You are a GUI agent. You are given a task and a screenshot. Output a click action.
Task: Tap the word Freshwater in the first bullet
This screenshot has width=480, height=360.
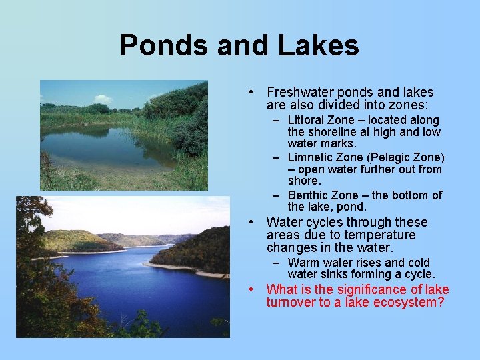[299, 93]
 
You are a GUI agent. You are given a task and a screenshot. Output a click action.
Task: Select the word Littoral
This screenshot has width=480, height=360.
[309, 121]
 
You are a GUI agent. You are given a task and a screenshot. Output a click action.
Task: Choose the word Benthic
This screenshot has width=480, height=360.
[310, 195]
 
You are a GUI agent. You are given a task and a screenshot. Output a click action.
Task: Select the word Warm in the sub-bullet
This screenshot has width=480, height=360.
[303, 263]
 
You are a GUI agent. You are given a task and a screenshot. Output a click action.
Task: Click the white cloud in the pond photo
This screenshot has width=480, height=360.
[103, 99]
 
